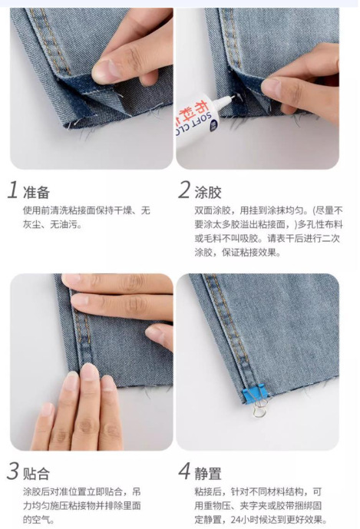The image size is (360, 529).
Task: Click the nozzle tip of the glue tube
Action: tap(233, 98)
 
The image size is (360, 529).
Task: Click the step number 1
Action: tap(13, 190)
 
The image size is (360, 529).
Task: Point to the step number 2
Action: tap(184, 190)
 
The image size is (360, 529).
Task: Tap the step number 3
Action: tap(13, 471)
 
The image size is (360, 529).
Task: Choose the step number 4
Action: tap(184, 471)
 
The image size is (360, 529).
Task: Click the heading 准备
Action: tap(36, 192)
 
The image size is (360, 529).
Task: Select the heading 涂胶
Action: tap(208, 192)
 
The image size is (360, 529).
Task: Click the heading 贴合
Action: tap(36, 474)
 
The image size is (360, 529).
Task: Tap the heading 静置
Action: tap(208, 474)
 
